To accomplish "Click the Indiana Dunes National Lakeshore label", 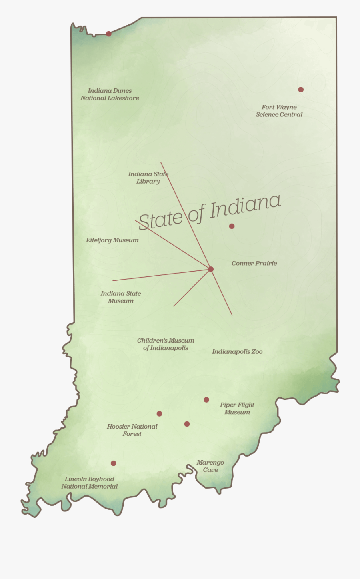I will (x=110, y=94).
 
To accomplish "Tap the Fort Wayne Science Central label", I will (x=279, y=111).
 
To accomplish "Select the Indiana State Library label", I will (x=148, y=178).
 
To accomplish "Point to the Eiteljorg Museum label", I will (x=112, y=240).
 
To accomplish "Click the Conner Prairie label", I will (x=254, y=263).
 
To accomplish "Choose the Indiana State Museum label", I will (x=121, y=297).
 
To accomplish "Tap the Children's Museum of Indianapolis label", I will (x=166, y=344).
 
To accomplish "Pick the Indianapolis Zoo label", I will (x=237, y=352).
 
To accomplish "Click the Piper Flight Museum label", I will (x=237, y=409).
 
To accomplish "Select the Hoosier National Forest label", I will (x=132, y=430).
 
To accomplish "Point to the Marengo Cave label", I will (x=210, y=466).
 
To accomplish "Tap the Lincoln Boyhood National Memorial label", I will (x=90, y=483).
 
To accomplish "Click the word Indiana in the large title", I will (x=246, y=206).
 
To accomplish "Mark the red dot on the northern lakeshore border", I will (x=108, y=34).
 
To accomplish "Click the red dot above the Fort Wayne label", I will (x=301, y=90).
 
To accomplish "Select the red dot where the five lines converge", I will (x=211, y=269).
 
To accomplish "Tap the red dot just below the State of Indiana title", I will (x=232, y=226).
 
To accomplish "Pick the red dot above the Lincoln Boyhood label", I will (x=114, y=463).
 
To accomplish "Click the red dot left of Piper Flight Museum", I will (x=206, y=400).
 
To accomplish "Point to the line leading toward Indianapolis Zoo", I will (x=222, y=294).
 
